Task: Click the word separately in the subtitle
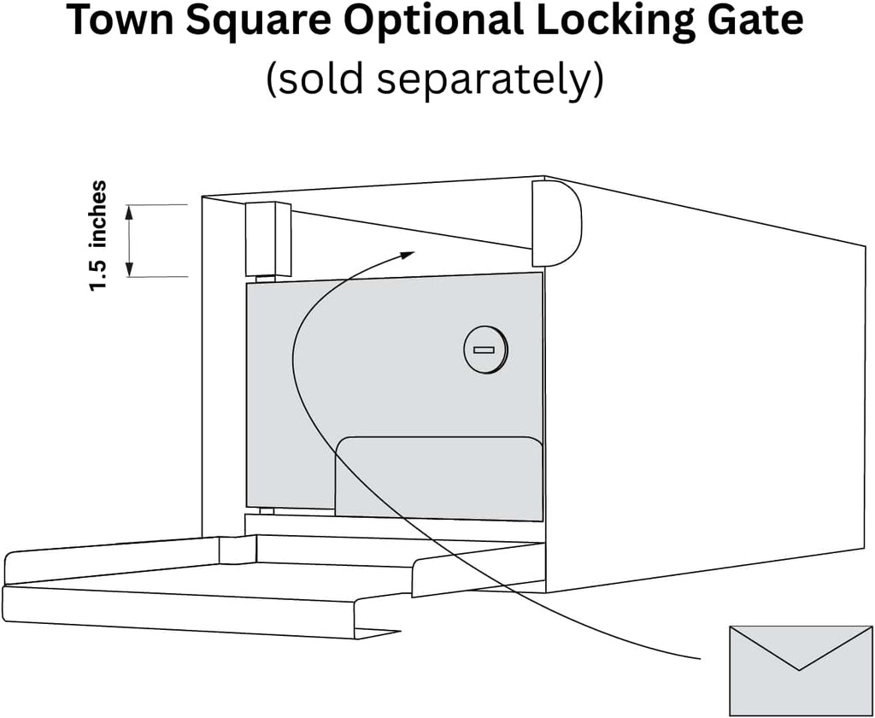(483, 79)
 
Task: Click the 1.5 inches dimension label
(97, 236)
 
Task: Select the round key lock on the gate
(486, 350)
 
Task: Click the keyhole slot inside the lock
(484, 350)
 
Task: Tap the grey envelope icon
(800, 670)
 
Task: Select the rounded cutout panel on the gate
(438, 478)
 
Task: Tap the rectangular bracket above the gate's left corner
(267, 239)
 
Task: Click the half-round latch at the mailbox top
(556, 223)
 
